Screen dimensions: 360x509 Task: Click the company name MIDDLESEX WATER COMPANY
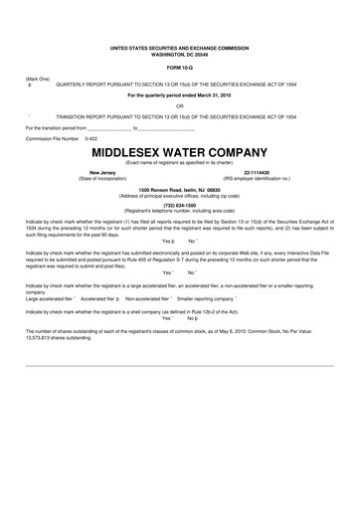(x=180, y=154)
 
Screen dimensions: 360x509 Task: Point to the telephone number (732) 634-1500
(x=180, y=206)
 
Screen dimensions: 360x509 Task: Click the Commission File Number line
(x=62, y=138)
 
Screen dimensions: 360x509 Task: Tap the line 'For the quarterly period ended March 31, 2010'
(x=180, y=95)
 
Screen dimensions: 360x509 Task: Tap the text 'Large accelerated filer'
(x=49, y=297)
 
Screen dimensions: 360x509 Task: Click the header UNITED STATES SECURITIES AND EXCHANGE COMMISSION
(x=180, y=46)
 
